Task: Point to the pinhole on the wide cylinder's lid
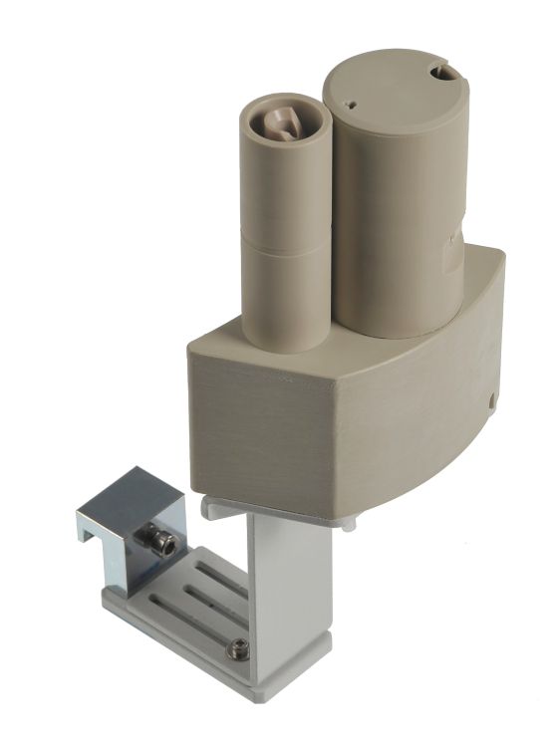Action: pyautogui.click(x=352, y=101)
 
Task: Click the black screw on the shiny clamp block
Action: pyautogui.click(x=159, y=543)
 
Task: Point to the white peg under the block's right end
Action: pyautogui.click(x=348, y=524)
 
